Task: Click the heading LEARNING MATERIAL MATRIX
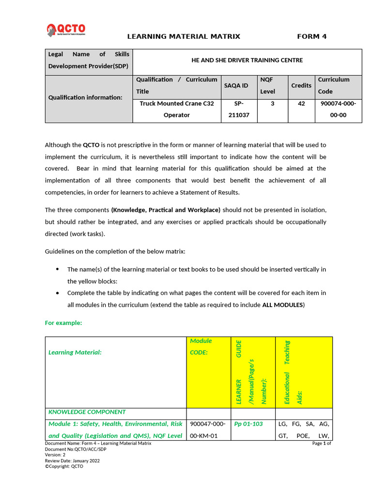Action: tap(184, 36)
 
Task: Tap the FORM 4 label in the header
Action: tap(311, 36)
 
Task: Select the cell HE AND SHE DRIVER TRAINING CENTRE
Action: tap(247, 60)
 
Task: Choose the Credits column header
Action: tap(301, 85)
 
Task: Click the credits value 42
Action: tap(301, 103)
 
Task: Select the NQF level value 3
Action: tap(272, 103)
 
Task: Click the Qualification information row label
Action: tap(85, 97)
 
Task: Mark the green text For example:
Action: tap(63, 323)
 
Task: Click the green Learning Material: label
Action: tap(75, 352)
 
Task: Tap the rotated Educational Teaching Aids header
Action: tap(293, 372)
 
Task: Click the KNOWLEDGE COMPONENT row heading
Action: tap(87, 412)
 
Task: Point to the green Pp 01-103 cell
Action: tap(248, 424)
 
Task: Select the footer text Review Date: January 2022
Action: tap(72, 461)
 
